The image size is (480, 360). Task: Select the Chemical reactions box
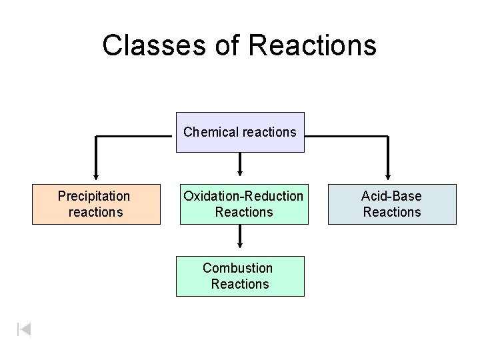coord(240,132)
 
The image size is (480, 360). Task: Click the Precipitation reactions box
coord(96,204)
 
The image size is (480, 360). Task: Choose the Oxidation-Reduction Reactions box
coord(243,204)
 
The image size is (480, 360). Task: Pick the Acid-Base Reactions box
coord(391,204)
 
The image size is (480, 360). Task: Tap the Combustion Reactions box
coord(240,276)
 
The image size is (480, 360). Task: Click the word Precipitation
coord(94,196)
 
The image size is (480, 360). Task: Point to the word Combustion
coord(237,268)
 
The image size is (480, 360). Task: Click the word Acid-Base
coord(391,196)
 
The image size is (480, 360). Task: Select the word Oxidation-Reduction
coord(243,196)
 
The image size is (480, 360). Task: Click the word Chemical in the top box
coord(206,132)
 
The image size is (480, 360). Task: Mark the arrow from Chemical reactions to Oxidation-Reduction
coord(240,163)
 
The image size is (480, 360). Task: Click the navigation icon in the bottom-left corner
coord(23,329)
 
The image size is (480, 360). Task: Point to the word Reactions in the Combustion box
coord(240,284)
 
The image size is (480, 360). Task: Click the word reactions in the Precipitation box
coord(96,212)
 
